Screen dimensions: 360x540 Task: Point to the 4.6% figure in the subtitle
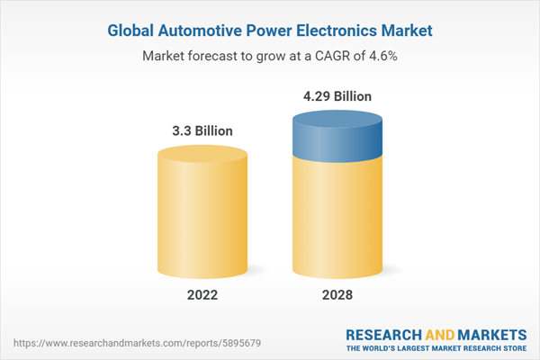tap(382, 55)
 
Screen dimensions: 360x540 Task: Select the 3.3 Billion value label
tap(202, 130)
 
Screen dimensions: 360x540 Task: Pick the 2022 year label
tap(202, 295)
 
